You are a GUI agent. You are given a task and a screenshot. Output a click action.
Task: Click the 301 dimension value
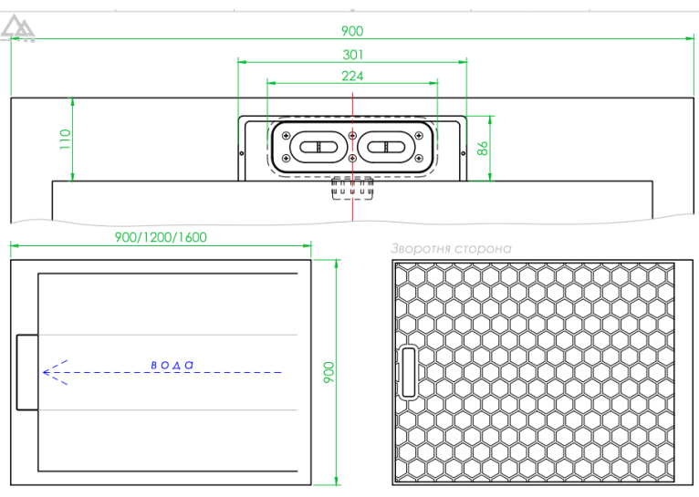[x=352, y=55]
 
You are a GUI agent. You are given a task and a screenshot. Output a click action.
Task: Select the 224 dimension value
[x=352, y=77]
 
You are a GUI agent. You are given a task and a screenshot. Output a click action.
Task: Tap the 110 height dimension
[x=65, y=139]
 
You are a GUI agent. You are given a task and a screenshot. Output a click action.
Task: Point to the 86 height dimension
[x=483, y=148]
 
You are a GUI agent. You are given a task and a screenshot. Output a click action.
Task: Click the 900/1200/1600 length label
[x=161, y=237]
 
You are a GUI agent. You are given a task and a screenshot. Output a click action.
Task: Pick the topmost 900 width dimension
[x=352, y=31]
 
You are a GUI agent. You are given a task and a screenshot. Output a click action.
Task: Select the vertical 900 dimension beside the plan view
[x=329, y=372]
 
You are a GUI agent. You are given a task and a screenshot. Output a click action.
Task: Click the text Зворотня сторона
[x=451, y=248]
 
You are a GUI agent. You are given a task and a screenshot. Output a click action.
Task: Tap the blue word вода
[x=172, y=365]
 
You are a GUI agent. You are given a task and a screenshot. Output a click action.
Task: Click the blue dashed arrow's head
[x=54, y=372]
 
